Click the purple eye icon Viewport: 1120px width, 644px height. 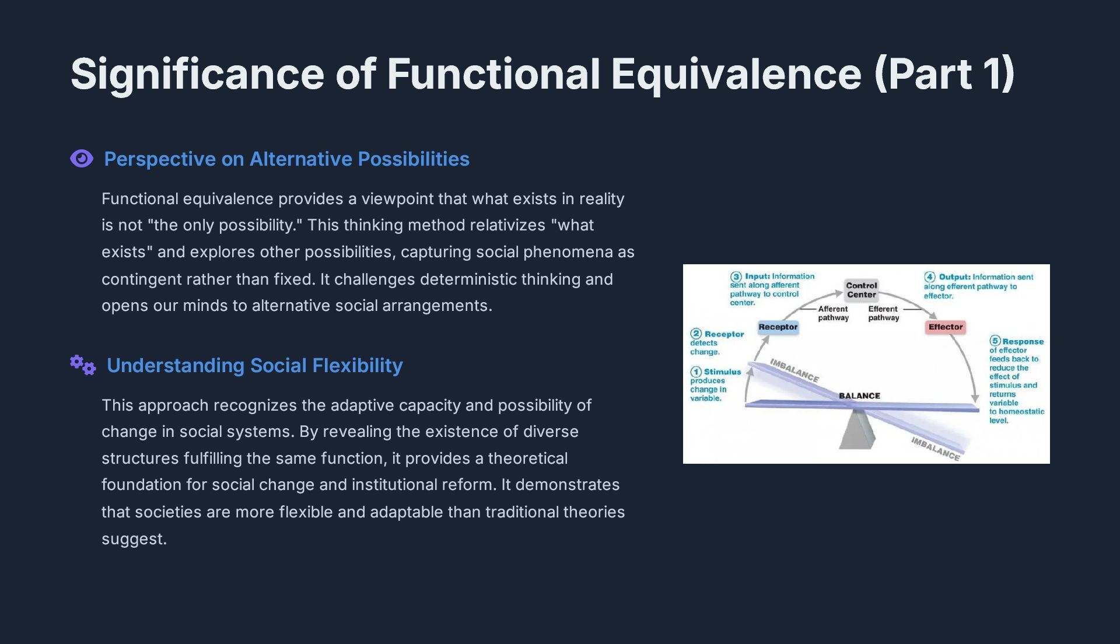click(x=82, y=159)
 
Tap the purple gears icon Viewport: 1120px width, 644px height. click(x=83, y=365)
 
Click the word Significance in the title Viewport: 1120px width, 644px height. click(x=197, y=74)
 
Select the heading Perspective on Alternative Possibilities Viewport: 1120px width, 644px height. click(x=286, y=159)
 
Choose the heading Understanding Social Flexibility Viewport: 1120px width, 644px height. click(x=254, y=365)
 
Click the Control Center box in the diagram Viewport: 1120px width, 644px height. click(x=861, y=290)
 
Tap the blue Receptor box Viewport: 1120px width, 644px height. click(x=778, y=327)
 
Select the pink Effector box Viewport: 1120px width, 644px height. click(x=945, y=327)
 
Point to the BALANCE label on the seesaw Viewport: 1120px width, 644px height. click(x=859, y=395)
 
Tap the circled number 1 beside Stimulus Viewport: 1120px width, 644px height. click(x=696, y=372)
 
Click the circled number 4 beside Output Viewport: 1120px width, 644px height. click(x=930, y=277)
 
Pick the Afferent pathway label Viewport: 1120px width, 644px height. click(x=833, y=313)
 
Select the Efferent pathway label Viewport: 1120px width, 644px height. click(x=883, y=313)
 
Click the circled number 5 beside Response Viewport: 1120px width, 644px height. click(x=995, y=341)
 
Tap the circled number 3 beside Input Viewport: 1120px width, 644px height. click(x=736, y=276)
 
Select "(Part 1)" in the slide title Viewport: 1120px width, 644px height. click(x=944, y=74)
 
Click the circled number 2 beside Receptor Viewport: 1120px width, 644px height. click(x=696, y=334)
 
